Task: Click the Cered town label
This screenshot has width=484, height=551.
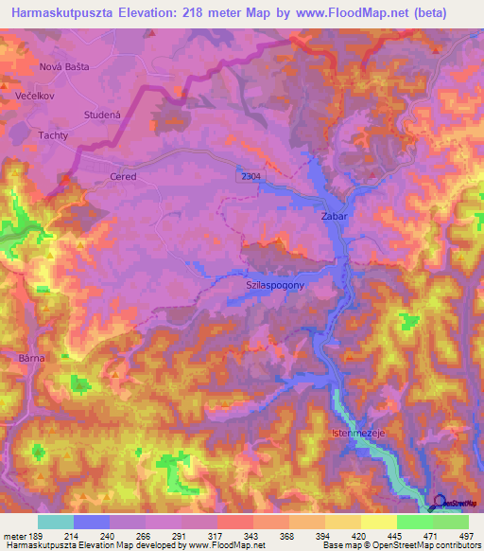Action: coord(124,177)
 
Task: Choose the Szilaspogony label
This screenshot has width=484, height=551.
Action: coord(274,283)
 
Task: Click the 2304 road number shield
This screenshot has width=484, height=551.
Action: coord(250,176)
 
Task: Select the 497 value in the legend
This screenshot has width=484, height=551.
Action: coord(466,536)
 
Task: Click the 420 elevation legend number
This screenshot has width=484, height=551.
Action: coord(347,536)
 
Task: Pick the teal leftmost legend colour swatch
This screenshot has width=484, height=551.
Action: coord(55,522)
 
